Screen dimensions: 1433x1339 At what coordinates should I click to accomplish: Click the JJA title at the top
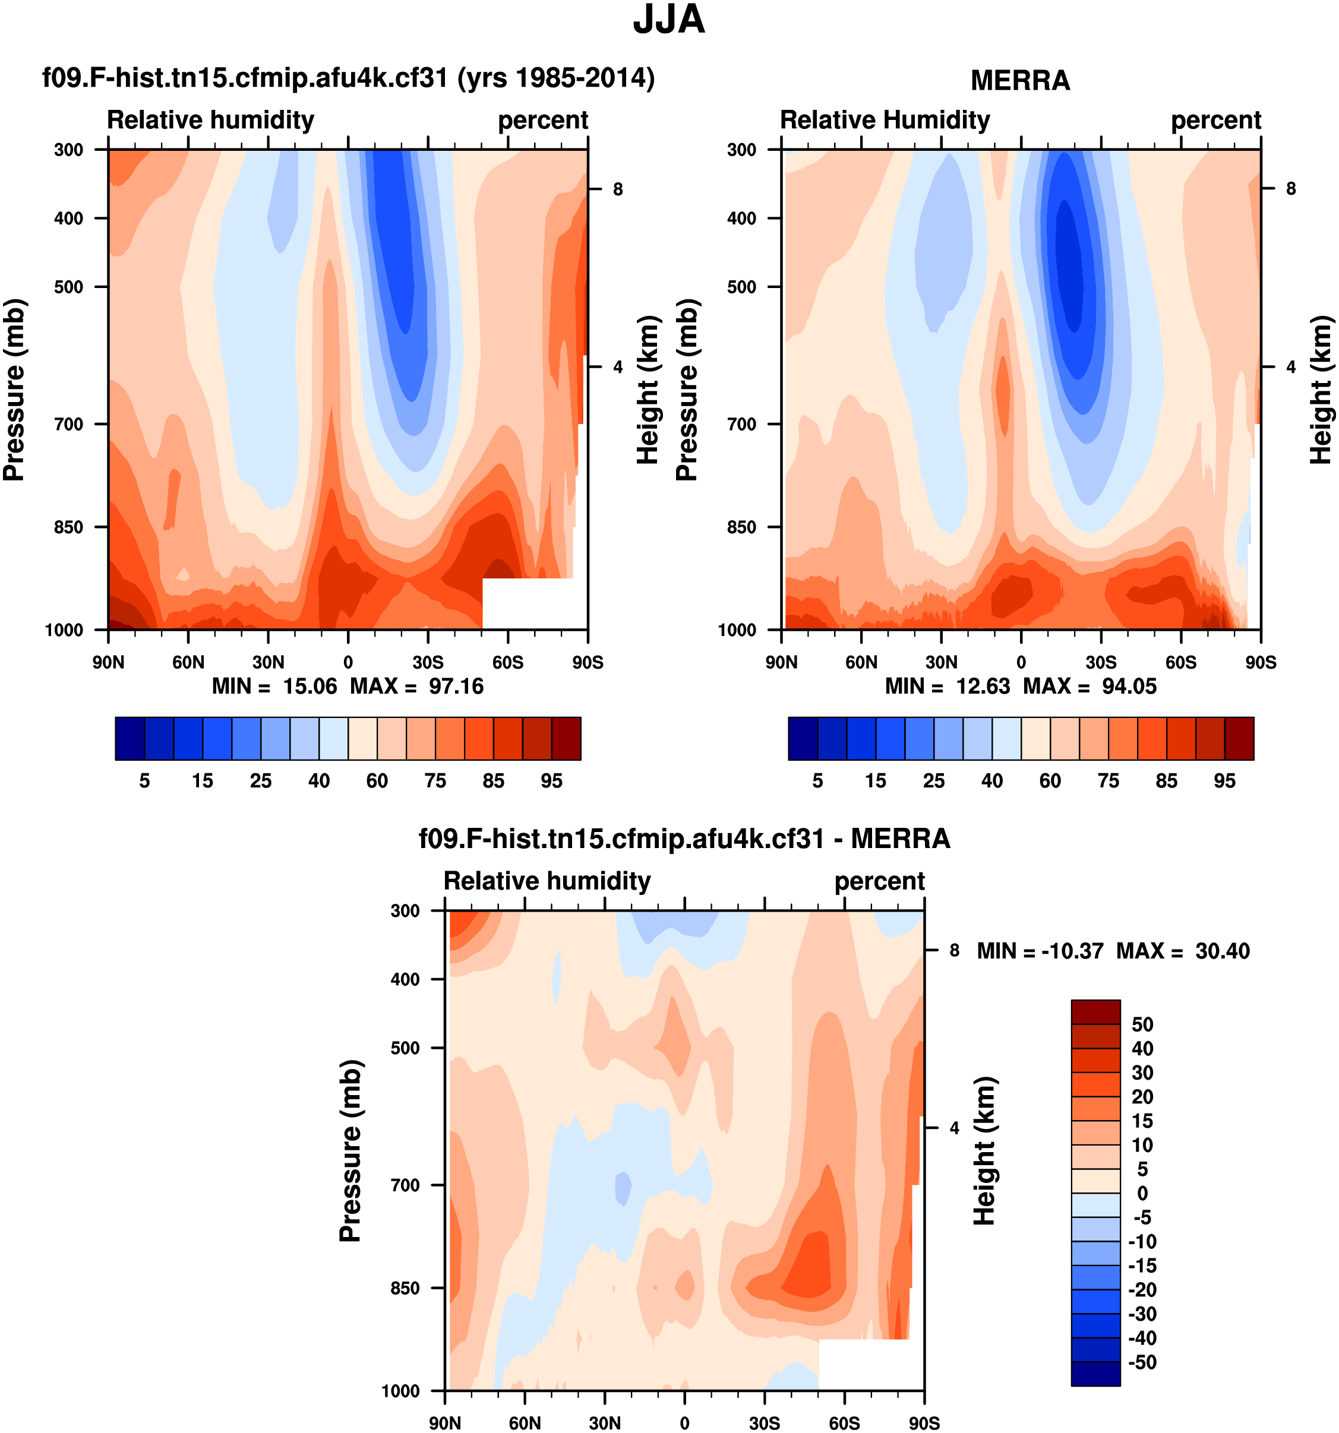(668, 20)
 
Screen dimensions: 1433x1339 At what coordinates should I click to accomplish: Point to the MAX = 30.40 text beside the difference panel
(1183, 951)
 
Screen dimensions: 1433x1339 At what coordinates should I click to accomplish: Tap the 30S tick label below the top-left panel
(428, 662)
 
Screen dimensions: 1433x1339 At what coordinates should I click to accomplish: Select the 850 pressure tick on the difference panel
(405, 1288)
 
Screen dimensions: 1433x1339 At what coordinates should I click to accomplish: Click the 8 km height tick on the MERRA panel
(1291, 189)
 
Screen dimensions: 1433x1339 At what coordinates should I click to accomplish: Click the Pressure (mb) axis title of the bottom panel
(350, 1150)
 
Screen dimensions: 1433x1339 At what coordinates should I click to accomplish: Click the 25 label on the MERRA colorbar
(934, 781)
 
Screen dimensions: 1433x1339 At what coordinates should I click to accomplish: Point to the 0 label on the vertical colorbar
(1141, 1194)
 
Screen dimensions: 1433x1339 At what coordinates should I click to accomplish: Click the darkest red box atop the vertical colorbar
(1095, 1012)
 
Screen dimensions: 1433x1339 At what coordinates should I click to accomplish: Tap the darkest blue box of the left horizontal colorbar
(130, 738)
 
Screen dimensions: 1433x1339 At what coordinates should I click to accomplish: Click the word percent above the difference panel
(879, 881)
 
